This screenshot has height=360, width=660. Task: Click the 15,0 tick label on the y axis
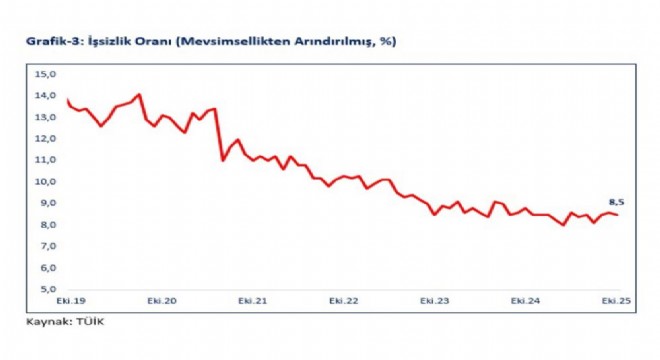45,75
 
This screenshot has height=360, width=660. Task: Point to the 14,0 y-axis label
45,96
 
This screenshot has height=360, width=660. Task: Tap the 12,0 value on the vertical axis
45,139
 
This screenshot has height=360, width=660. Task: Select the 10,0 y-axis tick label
45,182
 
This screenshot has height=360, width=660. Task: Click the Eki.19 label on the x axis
71,301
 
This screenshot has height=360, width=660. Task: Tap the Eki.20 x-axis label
162,301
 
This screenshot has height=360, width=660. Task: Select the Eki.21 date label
253,301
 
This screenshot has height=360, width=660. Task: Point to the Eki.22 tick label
344,301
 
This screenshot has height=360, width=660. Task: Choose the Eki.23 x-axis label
435,301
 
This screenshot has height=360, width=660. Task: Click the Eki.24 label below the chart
525,301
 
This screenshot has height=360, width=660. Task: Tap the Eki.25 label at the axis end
616,301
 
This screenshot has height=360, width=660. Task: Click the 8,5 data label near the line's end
617,203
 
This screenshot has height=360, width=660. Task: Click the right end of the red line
617,215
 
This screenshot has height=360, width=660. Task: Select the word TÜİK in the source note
90,322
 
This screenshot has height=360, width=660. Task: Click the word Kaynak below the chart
48,322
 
